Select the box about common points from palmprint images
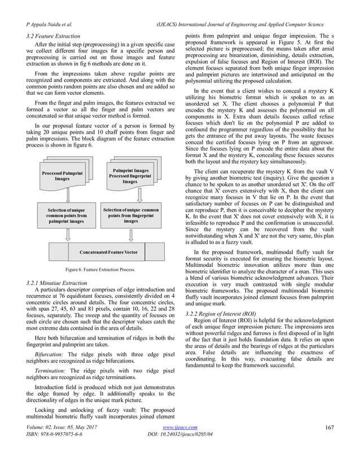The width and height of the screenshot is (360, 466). point(67,217)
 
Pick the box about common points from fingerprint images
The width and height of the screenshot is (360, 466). point(130,217)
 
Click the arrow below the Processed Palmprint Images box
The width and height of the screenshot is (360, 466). point(67,196)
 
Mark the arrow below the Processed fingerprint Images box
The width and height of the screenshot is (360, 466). point(130,196)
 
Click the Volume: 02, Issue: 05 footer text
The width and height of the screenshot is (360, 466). point(62,443)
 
